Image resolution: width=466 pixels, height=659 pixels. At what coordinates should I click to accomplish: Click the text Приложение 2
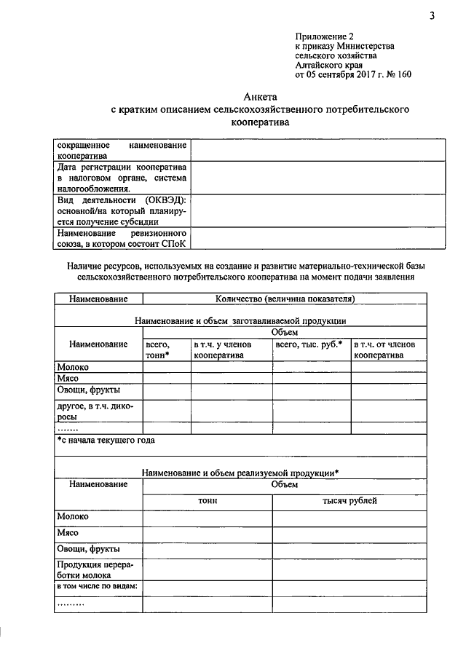click(324, 36)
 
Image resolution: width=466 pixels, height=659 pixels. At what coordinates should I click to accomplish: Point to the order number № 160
click(398, 74)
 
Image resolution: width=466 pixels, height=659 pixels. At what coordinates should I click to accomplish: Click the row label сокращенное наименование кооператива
click(122, 150)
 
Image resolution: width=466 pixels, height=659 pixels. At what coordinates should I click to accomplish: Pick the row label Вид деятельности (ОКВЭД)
click(122, 211)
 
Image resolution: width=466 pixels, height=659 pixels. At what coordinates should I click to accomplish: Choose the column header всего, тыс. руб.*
click(309, 344)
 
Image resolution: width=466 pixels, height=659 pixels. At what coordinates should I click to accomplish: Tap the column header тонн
click(208, 501)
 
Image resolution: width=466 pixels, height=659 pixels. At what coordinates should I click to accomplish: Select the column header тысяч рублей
click(349, 501)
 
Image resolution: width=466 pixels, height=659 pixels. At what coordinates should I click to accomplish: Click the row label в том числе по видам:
click(98, 587)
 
